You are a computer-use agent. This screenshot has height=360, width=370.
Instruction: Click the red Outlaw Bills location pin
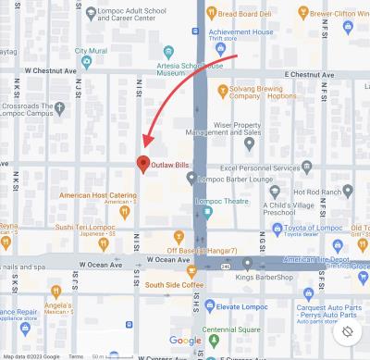tap(142, 164)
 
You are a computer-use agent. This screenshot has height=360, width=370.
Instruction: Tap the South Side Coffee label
tap(173, 285)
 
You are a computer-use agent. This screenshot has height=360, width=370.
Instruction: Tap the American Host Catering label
tap(99, 195)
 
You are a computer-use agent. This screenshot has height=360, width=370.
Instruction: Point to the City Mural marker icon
tap(86, 62)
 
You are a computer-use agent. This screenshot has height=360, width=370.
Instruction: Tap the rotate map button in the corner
tap(348, 331)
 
